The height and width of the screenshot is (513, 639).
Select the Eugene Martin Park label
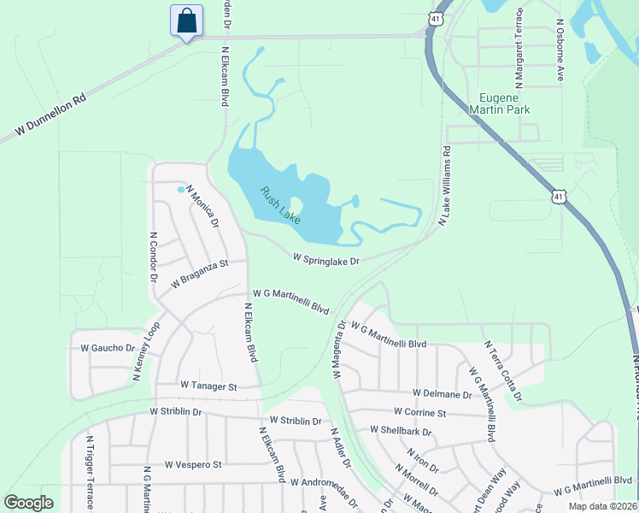pyautogui.click(x=500, y=103)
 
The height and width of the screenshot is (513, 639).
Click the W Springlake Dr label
pyautogui.click(x=325, y=257)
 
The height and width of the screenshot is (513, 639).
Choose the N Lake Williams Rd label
pyautogui.click(x=444, y=186)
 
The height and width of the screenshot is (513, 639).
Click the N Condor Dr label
pyautogui.click(x=154, y=256)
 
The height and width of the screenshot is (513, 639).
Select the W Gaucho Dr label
pyautogui.click(x=108, y=348)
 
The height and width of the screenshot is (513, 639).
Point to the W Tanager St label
pyautogui.click(x=208, y=386)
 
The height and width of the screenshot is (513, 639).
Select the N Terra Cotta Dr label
pyautogui.click(x=503, y=371)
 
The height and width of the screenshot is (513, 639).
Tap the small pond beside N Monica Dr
pyautogui.click(x=180, y=189)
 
